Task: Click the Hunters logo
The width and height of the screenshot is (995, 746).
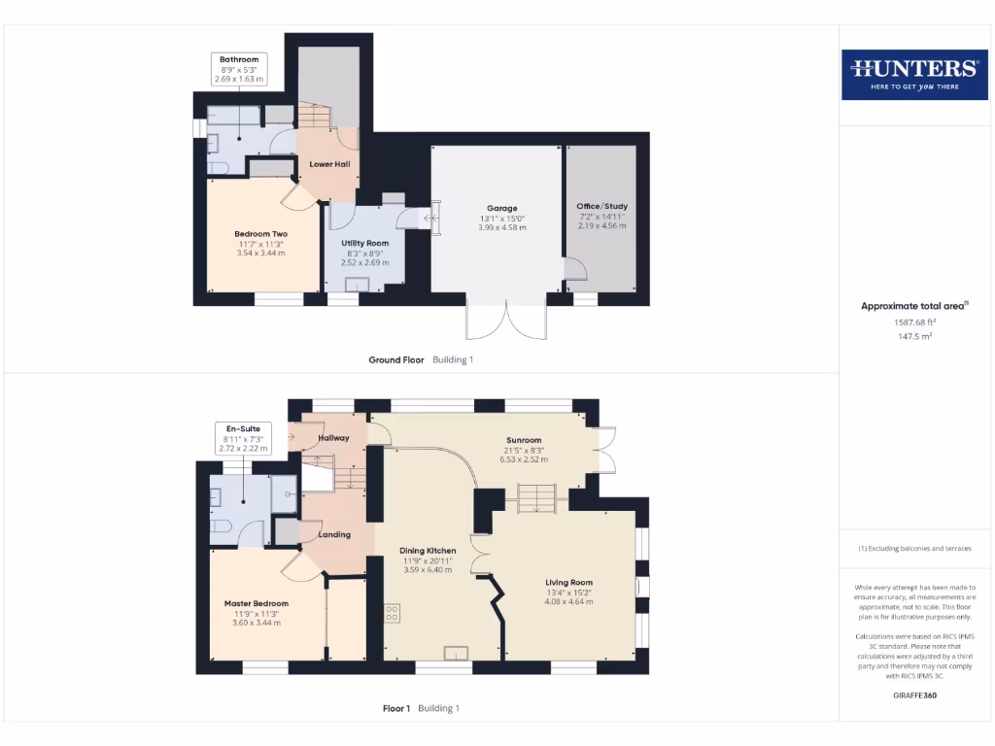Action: coord(913,74)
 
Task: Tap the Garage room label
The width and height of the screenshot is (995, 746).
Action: coord(502,208)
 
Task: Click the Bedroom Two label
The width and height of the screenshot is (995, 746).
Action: coord(260,234)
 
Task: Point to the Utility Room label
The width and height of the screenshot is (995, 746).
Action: coord(364,243)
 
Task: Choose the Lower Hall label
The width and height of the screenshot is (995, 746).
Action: coord(329,164)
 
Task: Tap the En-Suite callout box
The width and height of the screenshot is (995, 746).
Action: coord(243,438)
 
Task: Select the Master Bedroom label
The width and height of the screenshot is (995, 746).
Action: coord(257,603)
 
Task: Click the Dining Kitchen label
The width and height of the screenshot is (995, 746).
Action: coord(429,551)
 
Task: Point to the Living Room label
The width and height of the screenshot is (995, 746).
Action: coord(568,583)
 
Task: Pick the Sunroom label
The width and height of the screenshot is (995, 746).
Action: coord(523,439)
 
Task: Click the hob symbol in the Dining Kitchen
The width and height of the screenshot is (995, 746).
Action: coord(394,613)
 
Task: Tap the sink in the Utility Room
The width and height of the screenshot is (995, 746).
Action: coord(359,284)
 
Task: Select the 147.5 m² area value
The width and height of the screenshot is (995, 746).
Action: coord(913,337)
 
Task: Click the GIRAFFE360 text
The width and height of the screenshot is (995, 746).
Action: coord(913,695)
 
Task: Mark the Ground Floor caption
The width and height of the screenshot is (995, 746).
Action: coord(396,359)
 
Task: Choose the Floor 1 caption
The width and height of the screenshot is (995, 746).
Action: coord(396,708)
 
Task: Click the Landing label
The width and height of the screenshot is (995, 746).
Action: coord(334,534)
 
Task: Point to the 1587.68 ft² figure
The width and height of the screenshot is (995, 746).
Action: coord(913,322)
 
